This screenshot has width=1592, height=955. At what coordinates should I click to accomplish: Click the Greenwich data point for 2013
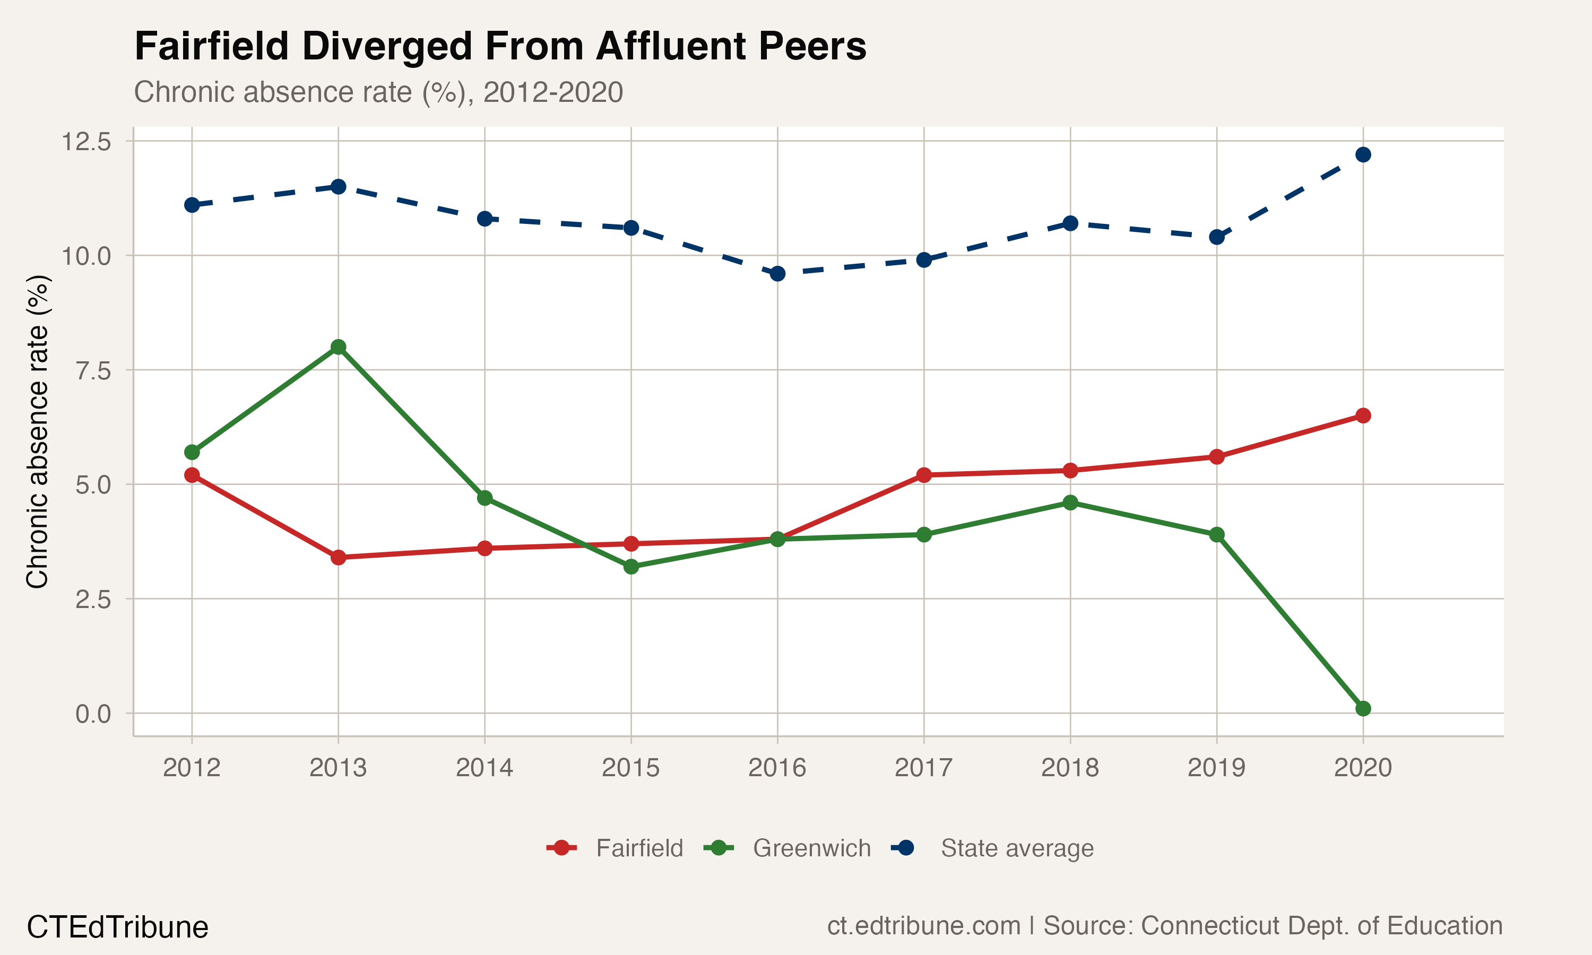point(339,347)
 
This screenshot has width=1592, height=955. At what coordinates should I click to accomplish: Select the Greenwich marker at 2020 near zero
point(1363,708)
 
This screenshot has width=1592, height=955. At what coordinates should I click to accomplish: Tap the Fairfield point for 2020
point(1363,416)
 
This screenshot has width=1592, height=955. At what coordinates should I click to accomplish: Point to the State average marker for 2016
point(777,273)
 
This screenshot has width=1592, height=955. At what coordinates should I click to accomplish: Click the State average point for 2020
point(1363,154)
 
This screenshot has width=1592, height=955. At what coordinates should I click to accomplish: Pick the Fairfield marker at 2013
point(339,557)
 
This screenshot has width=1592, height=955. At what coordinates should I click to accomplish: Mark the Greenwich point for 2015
point(631,566)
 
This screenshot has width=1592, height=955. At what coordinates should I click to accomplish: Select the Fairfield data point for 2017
point(924,475)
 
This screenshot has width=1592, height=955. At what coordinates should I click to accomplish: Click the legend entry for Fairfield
point(638,848)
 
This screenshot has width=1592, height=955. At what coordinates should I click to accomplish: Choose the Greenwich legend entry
point(811,848)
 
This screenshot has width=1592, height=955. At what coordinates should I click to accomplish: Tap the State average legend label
point(1017,848)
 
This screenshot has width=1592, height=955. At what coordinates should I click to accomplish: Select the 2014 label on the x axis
point(484,768)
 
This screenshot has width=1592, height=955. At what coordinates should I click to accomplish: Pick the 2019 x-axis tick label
point(1216,768)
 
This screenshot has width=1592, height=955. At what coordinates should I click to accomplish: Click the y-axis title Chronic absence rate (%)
point(37,431)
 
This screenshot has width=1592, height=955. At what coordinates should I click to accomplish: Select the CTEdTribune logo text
point(118,927)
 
